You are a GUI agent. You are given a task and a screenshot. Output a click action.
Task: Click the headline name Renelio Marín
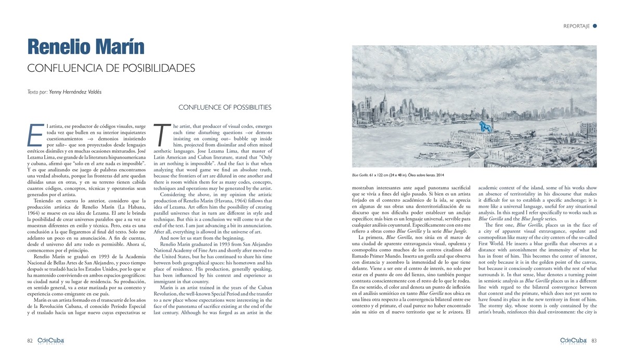(x=86, y=47)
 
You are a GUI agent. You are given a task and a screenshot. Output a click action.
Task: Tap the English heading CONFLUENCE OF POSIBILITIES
(x=225, y=108)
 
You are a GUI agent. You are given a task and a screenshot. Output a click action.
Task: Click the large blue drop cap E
(x=35, y=135)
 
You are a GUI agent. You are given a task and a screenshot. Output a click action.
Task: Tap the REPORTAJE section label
(x=576, y=26)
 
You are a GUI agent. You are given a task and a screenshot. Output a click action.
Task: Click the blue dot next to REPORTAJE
(x=595, y=25)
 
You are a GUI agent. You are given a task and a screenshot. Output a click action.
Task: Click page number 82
(x=30, y=341)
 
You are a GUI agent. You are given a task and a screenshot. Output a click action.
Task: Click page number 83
(x=593, y=341)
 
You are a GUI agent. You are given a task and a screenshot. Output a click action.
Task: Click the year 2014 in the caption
(x=439, y=175)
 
